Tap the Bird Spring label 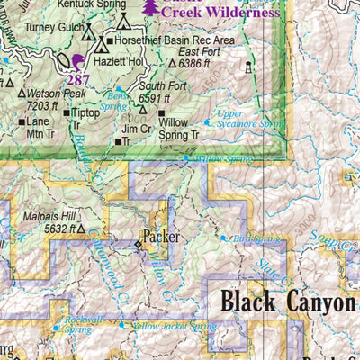[x=250, y=238]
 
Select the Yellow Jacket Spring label [x=174, y=326]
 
